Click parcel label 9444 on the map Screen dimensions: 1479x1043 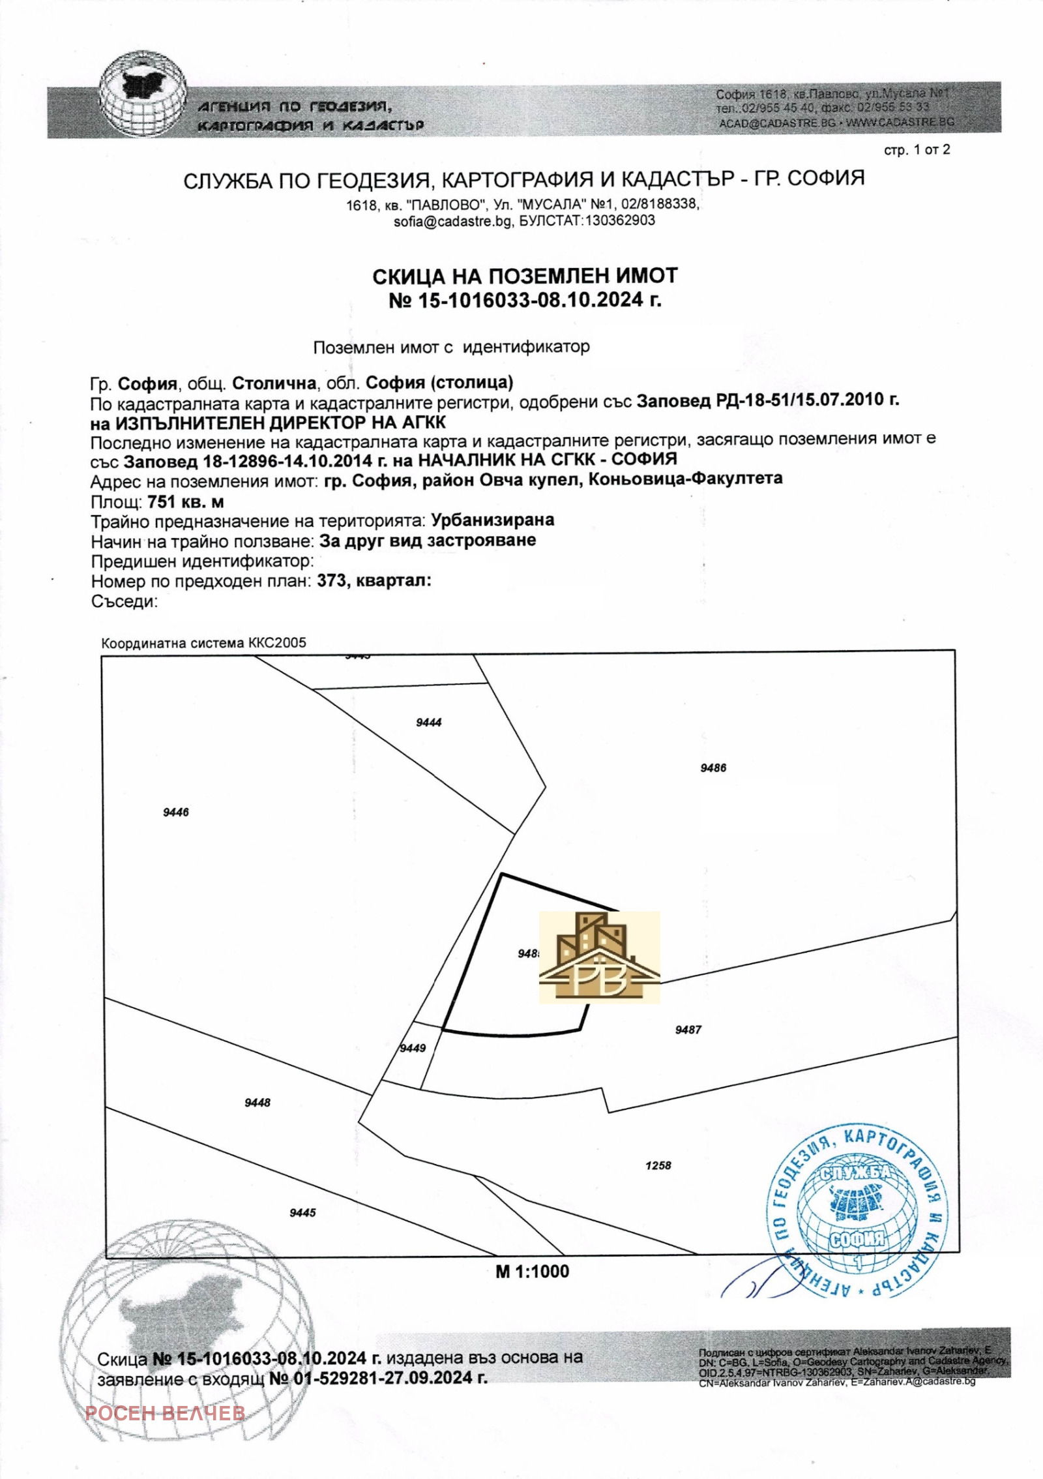(x=428, y=723)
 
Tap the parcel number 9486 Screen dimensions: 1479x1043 (x=713, y=768)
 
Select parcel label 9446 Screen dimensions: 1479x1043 (x=176, y=813)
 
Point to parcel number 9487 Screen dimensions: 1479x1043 (x=688, y=1030)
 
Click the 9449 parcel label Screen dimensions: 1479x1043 (x=413, y=1048)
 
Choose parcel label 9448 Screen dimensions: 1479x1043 (x=257, y=1103)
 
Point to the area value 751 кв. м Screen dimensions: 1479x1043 (x=186, y=502)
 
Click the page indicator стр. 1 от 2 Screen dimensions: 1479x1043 (x=917, y=151)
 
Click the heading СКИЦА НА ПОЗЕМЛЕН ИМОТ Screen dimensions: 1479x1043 (x=525, y=276)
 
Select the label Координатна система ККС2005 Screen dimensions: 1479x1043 (x=203, y=643)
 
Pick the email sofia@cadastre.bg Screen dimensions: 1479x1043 (x=452, y=221)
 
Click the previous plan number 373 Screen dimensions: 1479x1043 (x=331, y=581)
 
